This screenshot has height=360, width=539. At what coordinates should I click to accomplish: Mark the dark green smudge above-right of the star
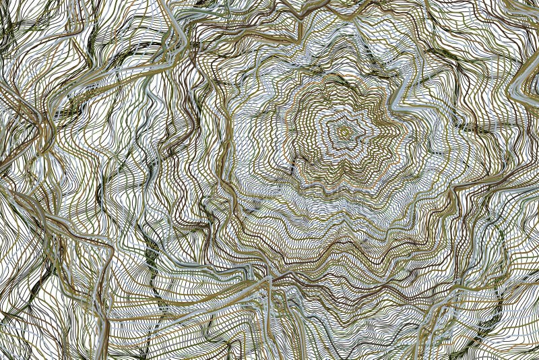pos(465,125)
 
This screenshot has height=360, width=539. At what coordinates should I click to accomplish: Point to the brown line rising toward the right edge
pos(499,175)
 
